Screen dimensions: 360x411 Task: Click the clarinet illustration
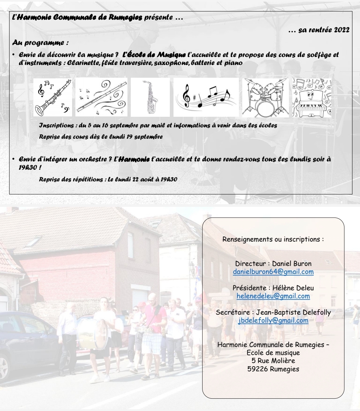[x=53, y=97]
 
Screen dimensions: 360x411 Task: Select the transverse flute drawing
[x=101, y=97]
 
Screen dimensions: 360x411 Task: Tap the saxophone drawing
[x=150, y=97]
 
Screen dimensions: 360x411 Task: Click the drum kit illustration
[x=265, y=98]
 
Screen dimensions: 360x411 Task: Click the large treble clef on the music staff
[x=187, y=96]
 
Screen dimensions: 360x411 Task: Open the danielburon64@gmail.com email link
[x=273, y=272]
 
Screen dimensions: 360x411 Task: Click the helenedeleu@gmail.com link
[x=273, y=296]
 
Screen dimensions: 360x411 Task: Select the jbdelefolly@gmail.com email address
[x=273, y=320]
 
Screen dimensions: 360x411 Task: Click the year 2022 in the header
[x=342, y=30]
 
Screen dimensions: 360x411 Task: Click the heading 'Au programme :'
[x=40, y=43]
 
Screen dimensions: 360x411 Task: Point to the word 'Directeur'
[x=251, y=264]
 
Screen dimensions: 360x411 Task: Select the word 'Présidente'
[x=250, y=288]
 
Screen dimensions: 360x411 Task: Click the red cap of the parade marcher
[x=142, y=304]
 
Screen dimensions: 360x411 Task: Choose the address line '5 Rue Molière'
[x=273, y=361]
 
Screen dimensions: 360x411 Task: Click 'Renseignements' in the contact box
[x=246, y=240]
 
